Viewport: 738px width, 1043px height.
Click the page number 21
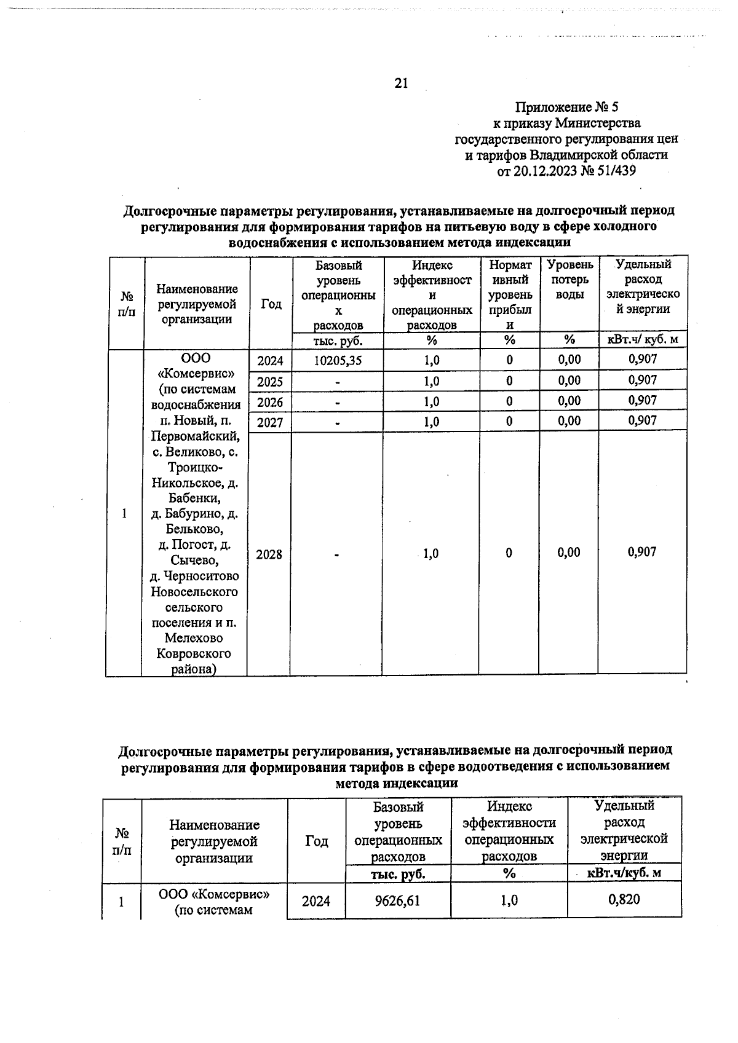401,83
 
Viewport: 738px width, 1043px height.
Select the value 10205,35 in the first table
337,361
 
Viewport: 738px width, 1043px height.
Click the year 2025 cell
269,382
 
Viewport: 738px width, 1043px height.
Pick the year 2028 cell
269,554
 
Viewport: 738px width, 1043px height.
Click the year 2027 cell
269,422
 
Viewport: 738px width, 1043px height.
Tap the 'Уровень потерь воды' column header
569,280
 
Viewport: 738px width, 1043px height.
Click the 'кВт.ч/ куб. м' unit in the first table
643,340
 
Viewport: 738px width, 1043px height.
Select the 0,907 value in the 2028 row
642,552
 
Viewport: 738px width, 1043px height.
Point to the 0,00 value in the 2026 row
569,401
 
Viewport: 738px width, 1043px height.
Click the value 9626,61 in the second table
398,900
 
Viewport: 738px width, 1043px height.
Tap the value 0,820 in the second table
624,900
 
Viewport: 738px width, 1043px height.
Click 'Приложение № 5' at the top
566,108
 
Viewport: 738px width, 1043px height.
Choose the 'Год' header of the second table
317,841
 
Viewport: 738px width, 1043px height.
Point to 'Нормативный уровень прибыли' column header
509,294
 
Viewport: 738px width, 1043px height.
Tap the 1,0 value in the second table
509,900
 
